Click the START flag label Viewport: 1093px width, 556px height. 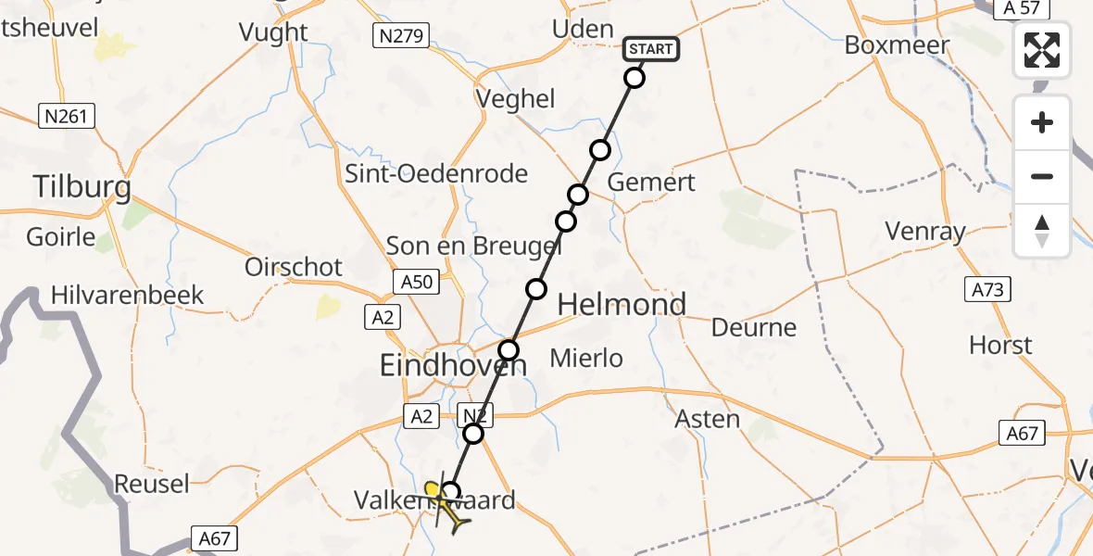(652, 49)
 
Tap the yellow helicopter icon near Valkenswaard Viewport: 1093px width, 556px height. (446, 505)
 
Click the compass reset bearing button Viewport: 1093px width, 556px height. (1042, 231)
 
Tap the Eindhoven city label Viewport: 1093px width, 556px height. (453, 366)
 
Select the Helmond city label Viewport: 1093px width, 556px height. (622, 304)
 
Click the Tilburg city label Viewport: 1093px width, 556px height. (82, 188)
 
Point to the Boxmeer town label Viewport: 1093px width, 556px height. (897, 44)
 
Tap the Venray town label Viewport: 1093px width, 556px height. (925, 232)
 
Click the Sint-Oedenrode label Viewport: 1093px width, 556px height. (436, 173)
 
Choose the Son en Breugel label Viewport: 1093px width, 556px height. (473, 246)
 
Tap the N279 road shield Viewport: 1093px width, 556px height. (400, 36)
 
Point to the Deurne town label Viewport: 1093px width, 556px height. (754, 327)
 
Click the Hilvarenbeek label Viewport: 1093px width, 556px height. (128, 296)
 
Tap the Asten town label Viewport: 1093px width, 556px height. (709, 419)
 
